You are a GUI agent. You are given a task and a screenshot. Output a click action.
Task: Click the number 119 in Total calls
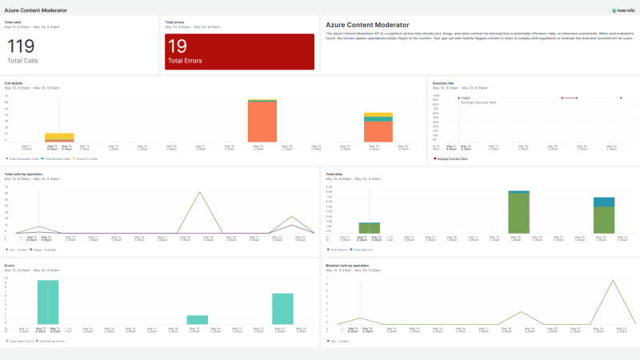(21, 46)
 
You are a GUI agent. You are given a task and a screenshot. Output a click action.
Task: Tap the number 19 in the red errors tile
(178, 46)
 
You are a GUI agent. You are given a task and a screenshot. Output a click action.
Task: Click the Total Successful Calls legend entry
(24, 158)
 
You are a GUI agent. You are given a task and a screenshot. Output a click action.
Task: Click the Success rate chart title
(444, 82)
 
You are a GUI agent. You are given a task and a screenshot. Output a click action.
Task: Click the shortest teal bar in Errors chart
(198, 319)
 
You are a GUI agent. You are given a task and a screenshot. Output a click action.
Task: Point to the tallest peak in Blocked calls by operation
(613, 281)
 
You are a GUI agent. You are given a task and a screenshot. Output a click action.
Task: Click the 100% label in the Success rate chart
(466, 98)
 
